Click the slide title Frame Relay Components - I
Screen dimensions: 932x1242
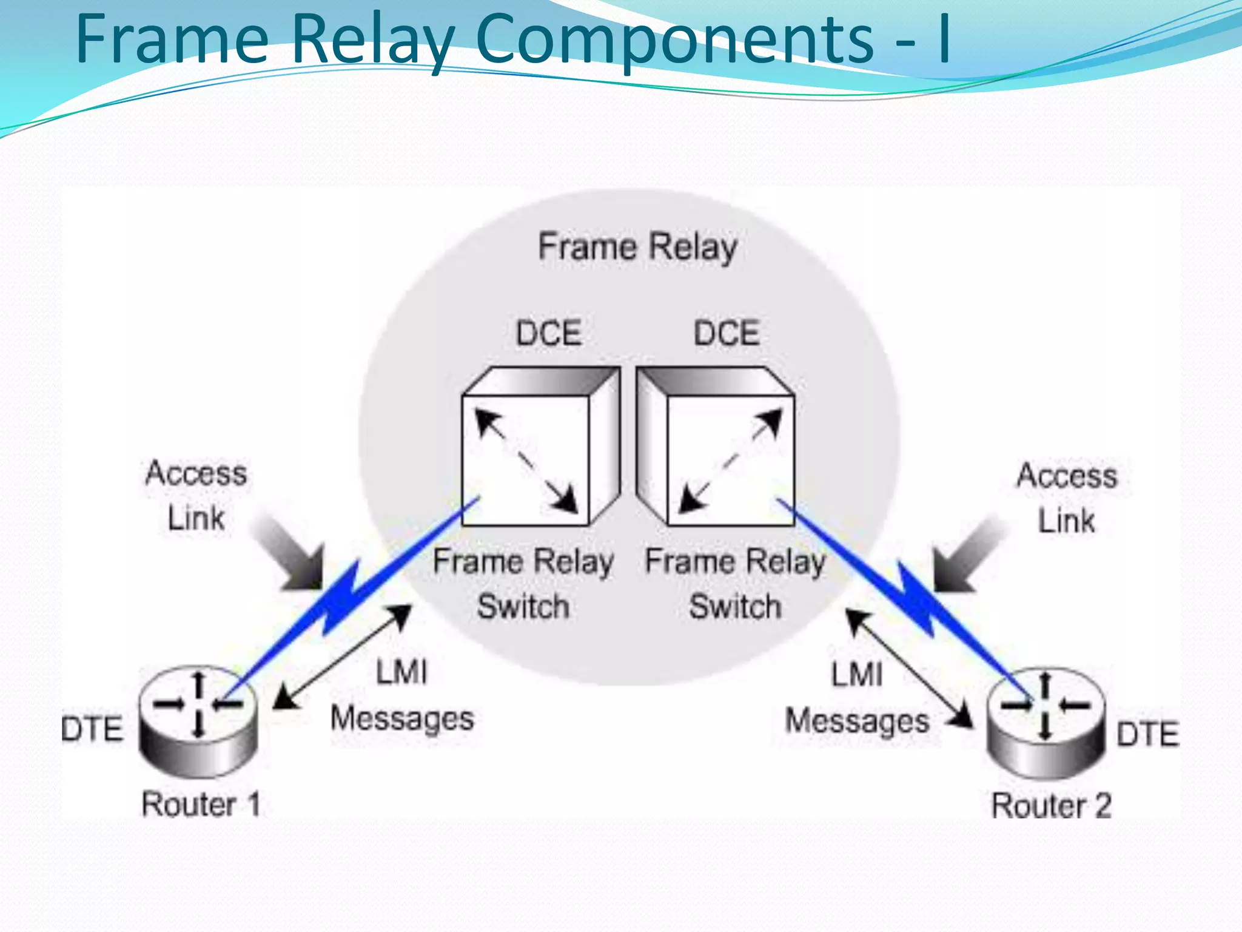(512, 39)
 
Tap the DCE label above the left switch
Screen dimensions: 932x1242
(548, 333)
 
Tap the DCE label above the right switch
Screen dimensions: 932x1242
(727, 333)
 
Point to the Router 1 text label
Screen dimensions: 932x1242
(201, 805)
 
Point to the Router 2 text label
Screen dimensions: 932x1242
(1051, 806)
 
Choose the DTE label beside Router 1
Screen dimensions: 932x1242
(92, 729)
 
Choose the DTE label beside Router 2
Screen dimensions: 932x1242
(1147, 734)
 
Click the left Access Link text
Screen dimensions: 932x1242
(196, 495)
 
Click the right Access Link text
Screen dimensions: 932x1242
(1067, 498)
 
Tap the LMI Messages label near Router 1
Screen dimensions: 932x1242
(401, 696)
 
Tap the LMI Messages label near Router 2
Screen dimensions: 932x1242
(857, 698)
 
